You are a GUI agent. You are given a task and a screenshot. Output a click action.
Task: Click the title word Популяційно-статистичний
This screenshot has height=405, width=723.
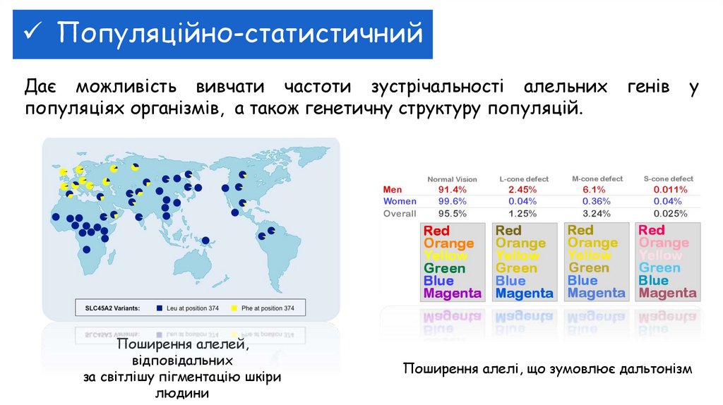[x=240, y=33]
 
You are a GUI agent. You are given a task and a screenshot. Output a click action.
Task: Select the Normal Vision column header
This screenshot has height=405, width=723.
[x=452, y=179]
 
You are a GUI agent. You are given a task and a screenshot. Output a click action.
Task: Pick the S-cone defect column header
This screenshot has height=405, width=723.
[x=669, y=179]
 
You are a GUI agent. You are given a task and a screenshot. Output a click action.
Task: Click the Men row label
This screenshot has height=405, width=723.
[x=392, y=190]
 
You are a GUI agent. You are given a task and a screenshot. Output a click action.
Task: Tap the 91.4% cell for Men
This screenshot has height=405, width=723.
[x=452, y=190]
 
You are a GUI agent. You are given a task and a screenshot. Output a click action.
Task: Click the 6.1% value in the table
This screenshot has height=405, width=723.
[x=594, y=190]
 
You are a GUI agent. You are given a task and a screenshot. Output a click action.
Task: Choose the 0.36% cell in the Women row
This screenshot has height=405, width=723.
[x=594, y=202]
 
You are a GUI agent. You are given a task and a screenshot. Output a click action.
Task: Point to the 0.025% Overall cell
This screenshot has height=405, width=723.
[x=670, y=214]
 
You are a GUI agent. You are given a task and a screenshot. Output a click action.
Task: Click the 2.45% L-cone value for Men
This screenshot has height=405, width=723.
[x=522, y=190]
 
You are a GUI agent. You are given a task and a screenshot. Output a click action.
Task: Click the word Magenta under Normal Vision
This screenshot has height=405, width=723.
[x=452, y=294]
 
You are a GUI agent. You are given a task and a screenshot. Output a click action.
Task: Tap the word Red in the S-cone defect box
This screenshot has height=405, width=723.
[x=652, y=231]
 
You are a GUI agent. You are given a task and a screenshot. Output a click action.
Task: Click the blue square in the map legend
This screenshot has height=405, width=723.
[x=160, y=308]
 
